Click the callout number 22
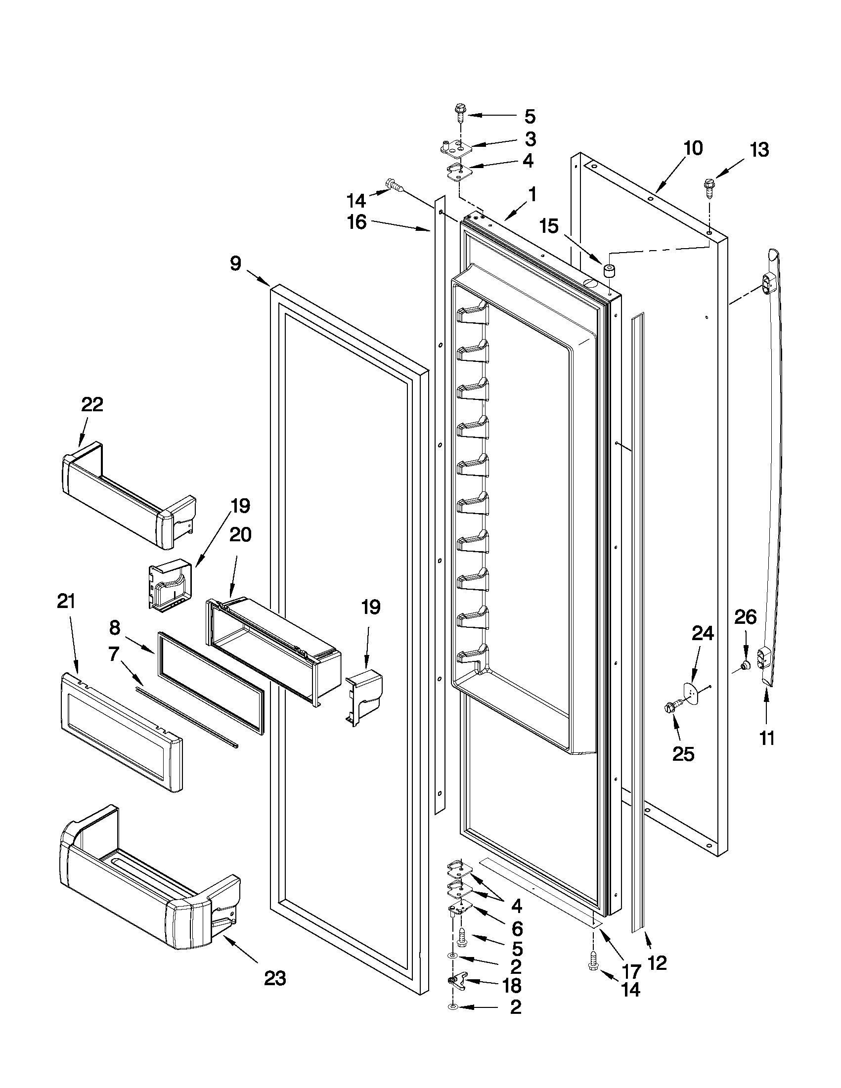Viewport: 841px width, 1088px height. (x=92, y=404)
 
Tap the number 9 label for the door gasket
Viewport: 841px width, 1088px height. (x=236, y=263)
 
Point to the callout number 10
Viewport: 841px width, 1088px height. (x=693, y=148)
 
